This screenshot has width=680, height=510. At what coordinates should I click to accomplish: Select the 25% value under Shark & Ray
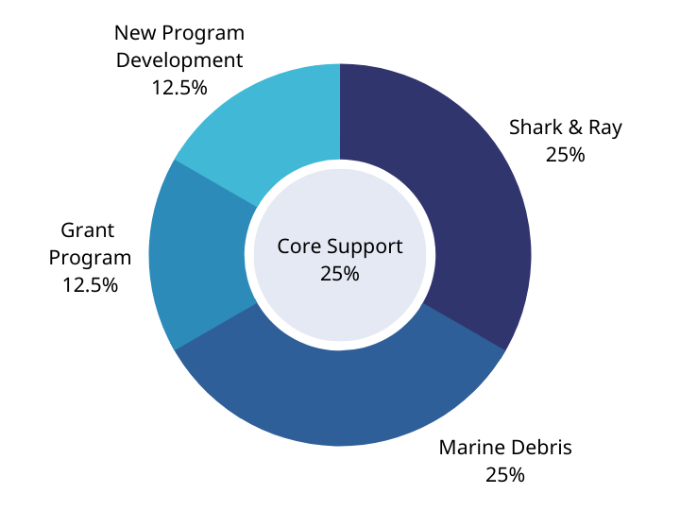tap(565, 154)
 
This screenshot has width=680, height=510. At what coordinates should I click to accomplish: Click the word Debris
tap(541, 447)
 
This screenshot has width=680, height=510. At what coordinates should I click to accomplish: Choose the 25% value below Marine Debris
tap(505, 474)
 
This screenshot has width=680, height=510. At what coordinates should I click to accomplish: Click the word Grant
tap(88, 229)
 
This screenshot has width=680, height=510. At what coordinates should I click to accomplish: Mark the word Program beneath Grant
tap(90, 258)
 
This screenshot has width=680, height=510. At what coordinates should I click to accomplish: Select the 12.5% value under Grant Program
tap(90, 284)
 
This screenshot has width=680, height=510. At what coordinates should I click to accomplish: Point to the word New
tap(134, 33)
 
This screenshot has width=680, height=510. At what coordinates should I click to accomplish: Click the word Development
tap(179, 59)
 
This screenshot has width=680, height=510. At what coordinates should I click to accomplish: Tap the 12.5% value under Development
tap(178, 87)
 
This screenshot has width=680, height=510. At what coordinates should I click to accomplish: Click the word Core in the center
tap(298, 246)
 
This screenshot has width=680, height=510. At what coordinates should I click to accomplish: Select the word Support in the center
tap(364, 247)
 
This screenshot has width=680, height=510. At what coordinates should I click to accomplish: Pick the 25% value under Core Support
tap(339, 274)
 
